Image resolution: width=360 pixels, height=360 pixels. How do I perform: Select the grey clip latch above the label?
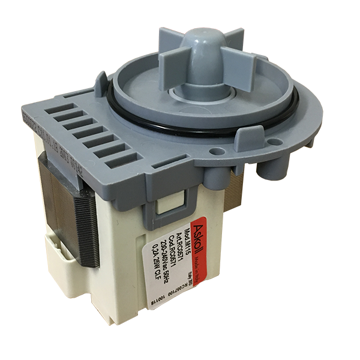pyautogui.click(x=161, y=208)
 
